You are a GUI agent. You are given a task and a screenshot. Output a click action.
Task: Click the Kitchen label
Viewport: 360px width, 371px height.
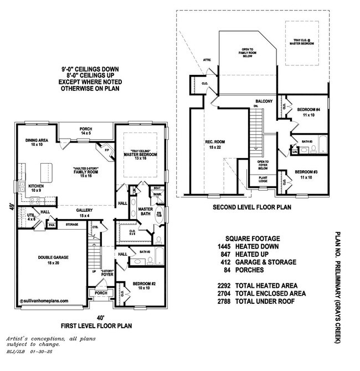point(37,186)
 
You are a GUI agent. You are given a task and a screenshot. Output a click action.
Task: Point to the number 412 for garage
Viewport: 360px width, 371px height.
point(226,262)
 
